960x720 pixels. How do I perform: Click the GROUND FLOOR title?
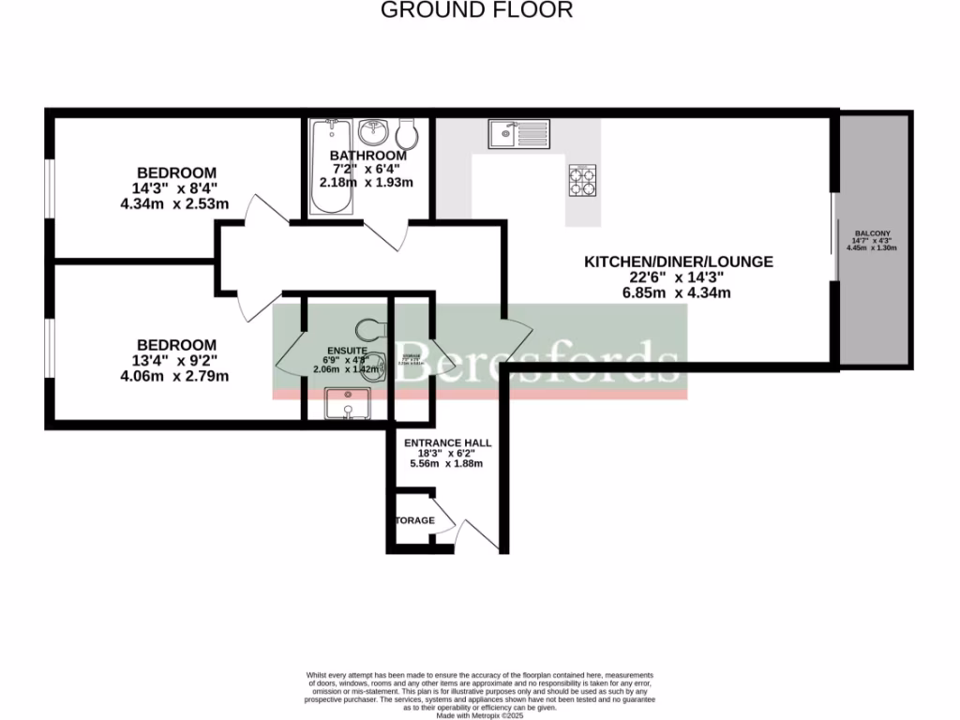tap(476, 10)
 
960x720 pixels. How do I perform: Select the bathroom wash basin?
tap(380, 130)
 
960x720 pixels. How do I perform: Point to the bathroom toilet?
tap(410, 131)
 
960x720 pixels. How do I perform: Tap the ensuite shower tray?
tap(347, 403)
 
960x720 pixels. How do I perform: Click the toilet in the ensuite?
tap(372, 330)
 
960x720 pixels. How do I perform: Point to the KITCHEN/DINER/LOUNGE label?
tap(679, 262)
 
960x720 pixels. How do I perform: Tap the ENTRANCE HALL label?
tap(448, 442)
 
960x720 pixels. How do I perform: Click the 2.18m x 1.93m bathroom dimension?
tap(367, 182)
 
